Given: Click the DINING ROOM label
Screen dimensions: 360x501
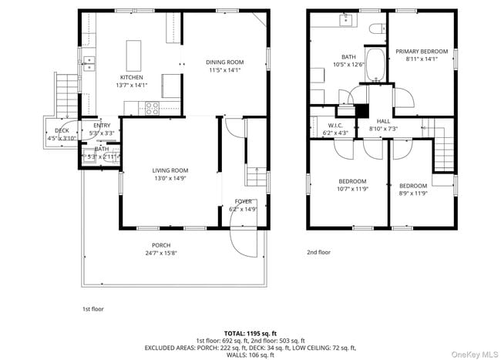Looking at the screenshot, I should (x=224, y=62).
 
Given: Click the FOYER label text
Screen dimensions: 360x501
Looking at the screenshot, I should (x=244, y=201).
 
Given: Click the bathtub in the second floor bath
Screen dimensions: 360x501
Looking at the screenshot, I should (x=375, y=66).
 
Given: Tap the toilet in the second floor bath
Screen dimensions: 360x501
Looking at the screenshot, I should (x=376, y=29).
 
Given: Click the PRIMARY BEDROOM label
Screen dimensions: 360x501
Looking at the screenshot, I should (x=422, y=52).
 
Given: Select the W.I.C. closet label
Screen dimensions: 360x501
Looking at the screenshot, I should (x=335, y=125).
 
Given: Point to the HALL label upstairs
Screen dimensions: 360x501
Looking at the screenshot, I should (x=383, y=122).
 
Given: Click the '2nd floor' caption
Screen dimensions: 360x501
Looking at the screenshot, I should (x=318, y=252).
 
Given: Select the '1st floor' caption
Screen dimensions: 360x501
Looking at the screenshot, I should (x=93, y=308).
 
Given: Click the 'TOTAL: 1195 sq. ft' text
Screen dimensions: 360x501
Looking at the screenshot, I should (x=250, y=333).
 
